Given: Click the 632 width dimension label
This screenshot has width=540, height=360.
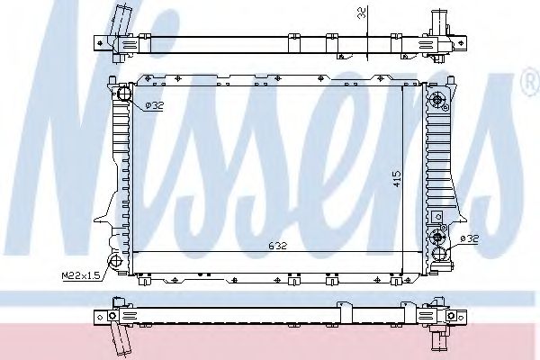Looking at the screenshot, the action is (x=277, y=246).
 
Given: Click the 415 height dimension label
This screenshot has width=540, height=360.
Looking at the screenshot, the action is (x=397, y=179).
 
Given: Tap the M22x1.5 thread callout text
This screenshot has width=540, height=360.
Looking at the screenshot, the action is (x=81, y=275).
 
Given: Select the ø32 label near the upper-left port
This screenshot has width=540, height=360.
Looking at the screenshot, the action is (x=154, y=106).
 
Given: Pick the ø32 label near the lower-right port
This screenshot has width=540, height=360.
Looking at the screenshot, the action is (x=469, y=238).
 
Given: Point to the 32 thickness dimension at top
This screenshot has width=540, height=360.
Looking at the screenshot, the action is (x=363, y=13).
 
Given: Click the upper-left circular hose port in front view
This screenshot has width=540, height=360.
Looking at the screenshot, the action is (x=124, y=94).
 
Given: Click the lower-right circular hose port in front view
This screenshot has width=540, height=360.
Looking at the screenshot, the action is (x=440, y=254).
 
